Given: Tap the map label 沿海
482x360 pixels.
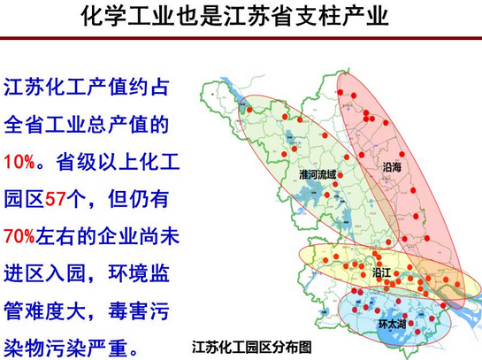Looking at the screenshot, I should click(x=393, y=165).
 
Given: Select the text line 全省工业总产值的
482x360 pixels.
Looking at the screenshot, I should click(x=84, y=126).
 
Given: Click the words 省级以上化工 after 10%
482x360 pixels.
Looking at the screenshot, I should click(x=113, y=164).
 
